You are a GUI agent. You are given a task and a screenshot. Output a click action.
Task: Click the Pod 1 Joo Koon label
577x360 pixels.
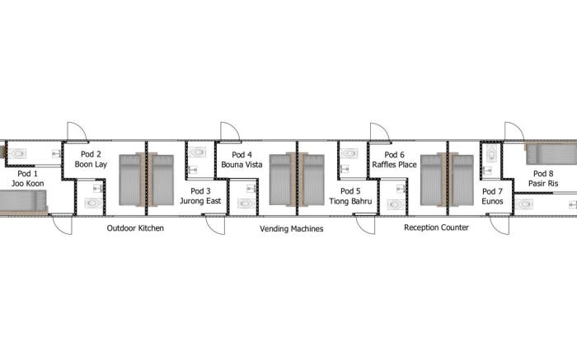tap(28, 178)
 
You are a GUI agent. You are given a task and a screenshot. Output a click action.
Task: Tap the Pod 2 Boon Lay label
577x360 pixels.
tap(91, 159)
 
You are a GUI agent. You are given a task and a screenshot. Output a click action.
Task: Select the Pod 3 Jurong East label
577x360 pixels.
tap(200, 195)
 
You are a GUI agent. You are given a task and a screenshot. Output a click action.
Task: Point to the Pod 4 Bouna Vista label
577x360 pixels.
tap(242, 159)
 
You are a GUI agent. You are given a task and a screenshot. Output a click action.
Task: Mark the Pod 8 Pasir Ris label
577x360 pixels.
tap(543, 178)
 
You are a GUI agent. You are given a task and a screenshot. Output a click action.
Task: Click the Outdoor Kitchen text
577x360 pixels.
tap(135, 228)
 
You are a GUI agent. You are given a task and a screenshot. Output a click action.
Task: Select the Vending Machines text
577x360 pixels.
tap(291, 228)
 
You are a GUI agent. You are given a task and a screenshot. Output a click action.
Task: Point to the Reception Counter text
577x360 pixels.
tap(436, 228)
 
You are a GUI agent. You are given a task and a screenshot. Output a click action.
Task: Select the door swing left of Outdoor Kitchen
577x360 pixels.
tap(60, 224)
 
